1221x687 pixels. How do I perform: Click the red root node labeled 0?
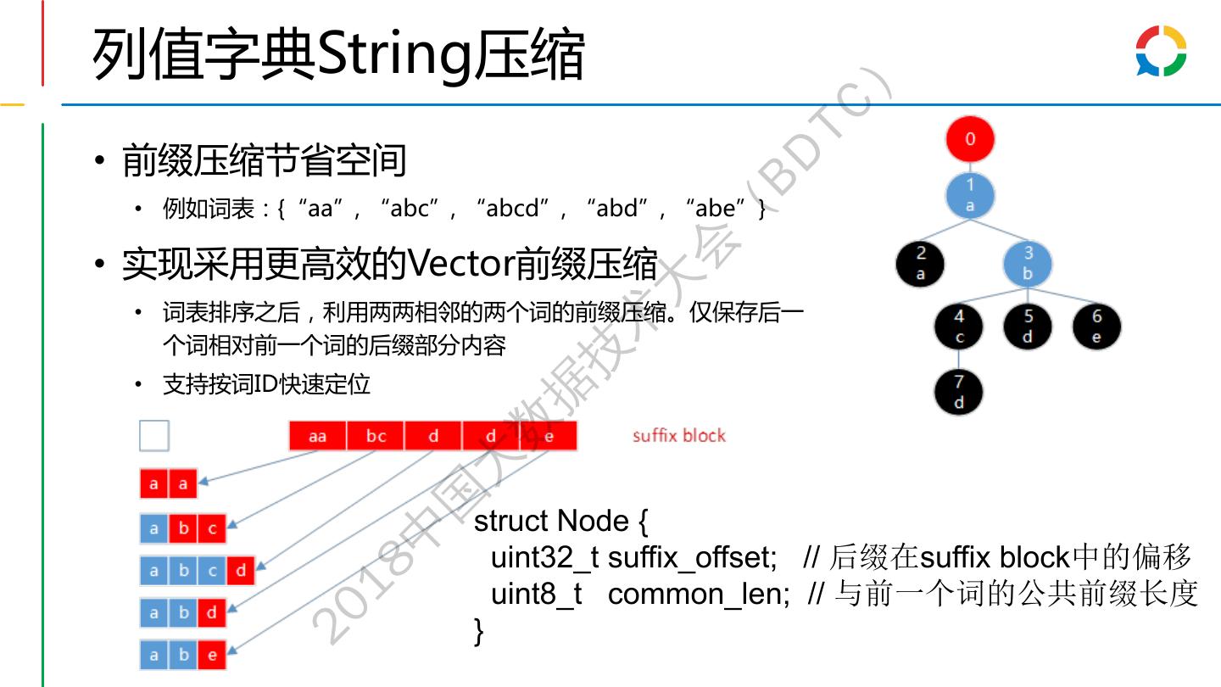pos(970,139)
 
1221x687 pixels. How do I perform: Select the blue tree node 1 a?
pos(970,195)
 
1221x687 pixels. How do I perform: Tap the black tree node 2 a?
pos(921,263)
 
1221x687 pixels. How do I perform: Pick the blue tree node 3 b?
pos(1028,263)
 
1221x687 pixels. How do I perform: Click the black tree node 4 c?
pos(959,327)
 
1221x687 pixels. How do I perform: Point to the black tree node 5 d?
pos(1028,327)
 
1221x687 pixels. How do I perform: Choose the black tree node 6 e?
pos(1096,327)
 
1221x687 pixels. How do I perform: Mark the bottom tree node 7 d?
pos(959,392)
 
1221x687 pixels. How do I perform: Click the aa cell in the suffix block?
pos(318,436)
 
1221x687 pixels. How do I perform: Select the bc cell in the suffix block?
pos(376,436)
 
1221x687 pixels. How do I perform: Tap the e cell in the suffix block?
pos(549,436)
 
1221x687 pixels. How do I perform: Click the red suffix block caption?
pos(679,436)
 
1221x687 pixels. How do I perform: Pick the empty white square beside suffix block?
pos(154,436)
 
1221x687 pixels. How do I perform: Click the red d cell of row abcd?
pos(241,571)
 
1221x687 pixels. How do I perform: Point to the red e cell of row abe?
pos(212,655)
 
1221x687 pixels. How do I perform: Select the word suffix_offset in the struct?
pos(692,558)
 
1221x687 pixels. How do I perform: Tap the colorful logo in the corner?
pos(1161,51)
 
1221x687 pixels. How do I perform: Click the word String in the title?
pos(393,55)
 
